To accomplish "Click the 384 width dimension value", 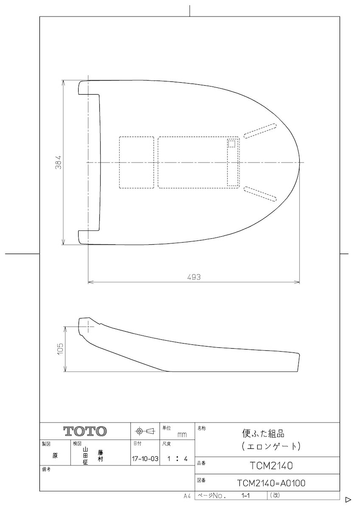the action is [59, 162].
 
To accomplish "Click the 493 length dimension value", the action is [194, 277].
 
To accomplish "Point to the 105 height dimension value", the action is [60, 349].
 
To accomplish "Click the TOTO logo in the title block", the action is [85, 431].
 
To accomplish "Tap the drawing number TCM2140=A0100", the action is [271, 483].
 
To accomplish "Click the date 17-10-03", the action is [145, 459].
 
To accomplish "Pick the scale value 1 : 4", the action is [177, 459].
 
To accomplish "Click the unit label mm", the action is [182, 435].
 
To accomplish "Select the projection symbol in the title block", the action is [145, 431].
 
